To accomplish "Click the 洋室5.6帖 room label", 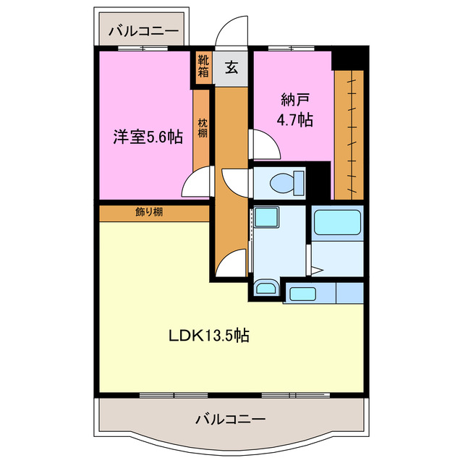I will [147, 136].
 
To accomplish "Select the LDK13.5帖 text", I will [209, 336].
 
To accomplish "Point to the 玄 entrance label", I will [231, 68].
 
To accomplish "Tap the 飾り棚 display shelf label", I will [148, 212].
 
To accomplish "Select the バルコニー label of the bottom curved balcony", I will [231, 419].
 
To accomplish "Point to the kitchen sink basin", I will [299, 294].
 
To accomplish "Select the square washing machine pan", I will [266, 219].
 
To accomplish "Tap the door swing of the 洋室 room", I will [197, 184].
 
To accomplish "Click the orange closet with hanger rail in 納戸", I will [348, 134].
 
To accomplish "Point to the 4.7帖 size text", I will [296, 120].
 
